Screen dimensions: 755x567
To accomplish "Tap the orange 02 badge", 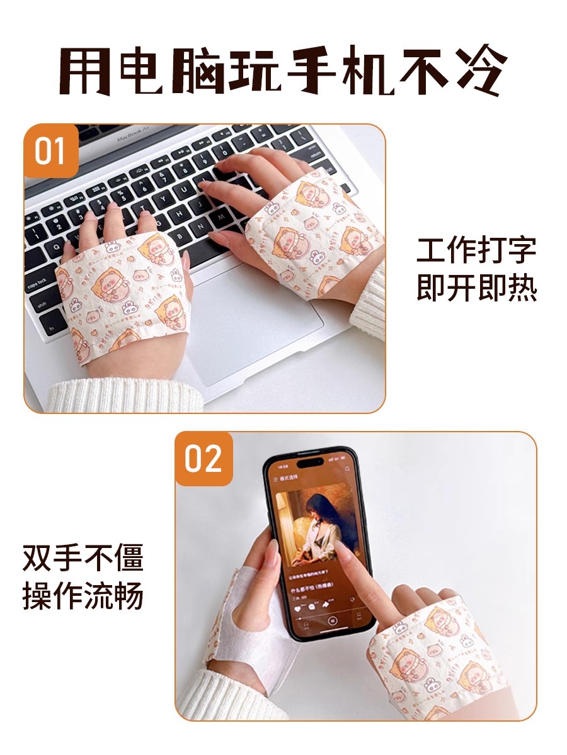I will click(x=203, y=459).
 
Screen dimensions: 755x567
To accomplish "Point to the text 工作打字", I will click(x=476, y=250).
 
